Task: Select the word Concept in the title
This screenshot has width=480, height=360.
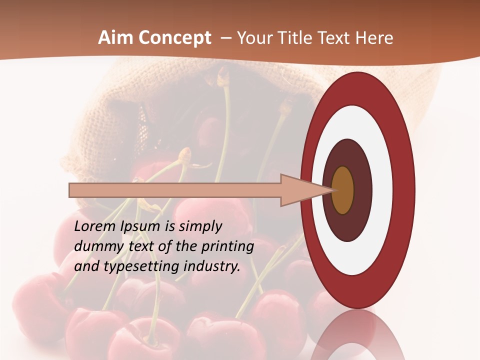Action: point(174,38)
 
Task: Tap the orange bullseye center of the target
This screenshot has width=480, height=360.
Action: point(343,190)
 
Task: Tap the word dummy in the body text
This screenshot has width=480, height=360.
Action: point(93,246)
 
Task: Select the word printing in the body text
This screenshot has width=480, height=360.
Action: point(227,247)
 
